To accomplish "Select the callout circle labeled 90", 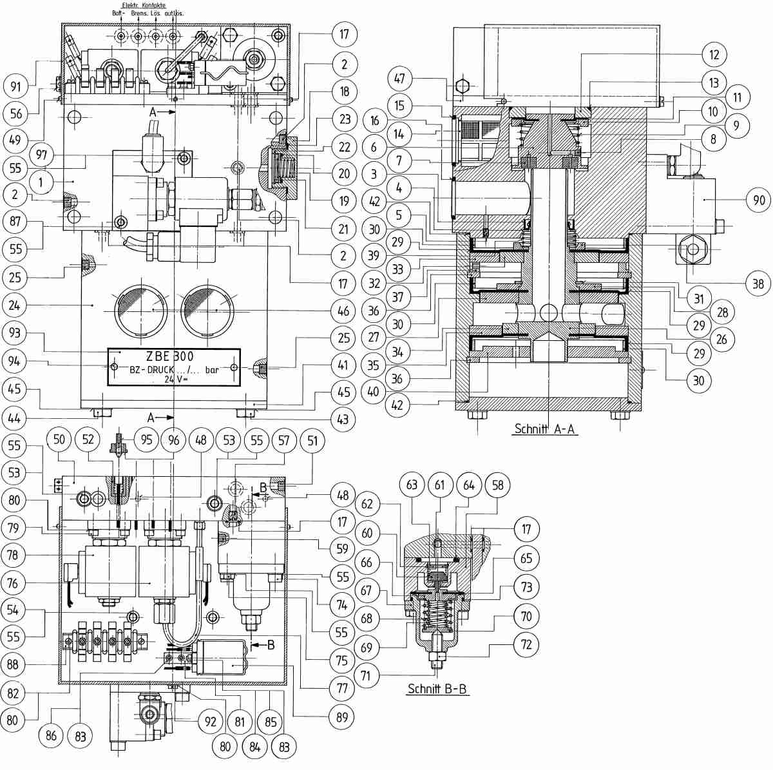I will [759, 200].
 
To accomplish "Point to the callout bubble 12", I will [714, 54].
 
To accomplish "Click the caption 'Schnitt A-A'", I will [546, 429].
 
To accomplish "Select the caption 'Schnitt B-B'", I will [438, 689].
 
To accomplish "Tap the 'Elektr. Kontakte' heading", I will [144, 5].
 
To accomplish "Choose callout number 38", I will [758, 284].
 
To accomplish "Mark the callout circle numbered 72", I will [527, 643].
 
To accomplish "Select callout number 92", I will [211, 722].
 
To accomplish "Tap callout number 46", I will [343, 311].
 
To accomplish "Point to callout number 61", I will [440, 485].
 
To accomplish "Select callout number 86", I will [51, 735].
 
